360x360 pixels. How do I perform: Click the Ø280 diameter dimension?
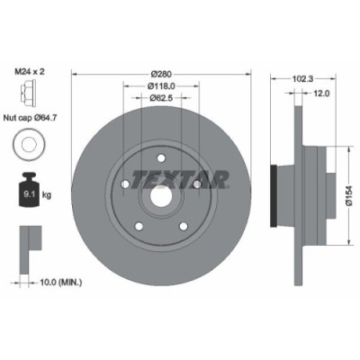161,73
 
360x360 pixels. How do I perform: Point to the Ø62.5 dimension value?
161,99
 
